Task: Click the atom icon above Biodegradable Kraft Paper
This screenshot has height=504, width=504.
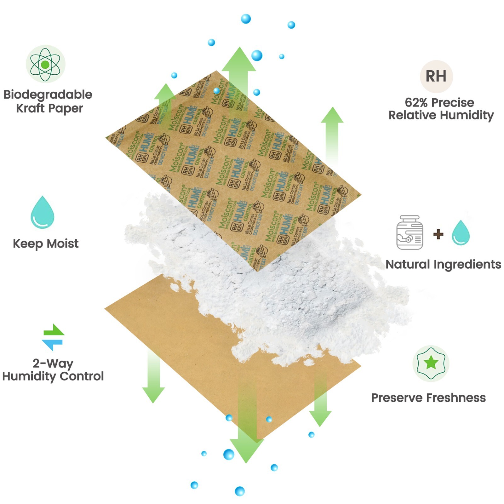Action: coord(45,64)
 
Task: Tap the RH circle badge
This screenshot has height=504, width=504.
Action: coord(436,76)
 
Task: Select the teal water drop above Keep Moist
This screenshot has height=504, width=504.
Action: coord(43,212)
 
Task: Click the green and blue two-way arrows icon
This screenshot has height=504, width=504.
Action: coord(53,337)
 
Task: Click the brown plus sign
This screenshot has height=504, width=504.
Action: coord(438,234)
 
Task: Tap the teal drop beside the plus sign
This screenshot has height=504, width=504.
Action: coord(461,233)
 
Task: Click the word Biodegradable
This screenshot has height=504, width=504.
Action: coord(48,94)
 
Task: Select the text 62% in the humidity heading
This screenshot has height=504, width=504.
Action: coord(416,102)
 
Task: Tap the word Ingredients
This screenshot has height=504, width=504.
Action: coord(467,265)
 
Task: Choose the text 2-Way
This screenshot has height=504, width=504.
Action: coord(53,363)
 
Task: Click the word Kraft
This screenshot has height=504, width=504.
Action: coord(30,108)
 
